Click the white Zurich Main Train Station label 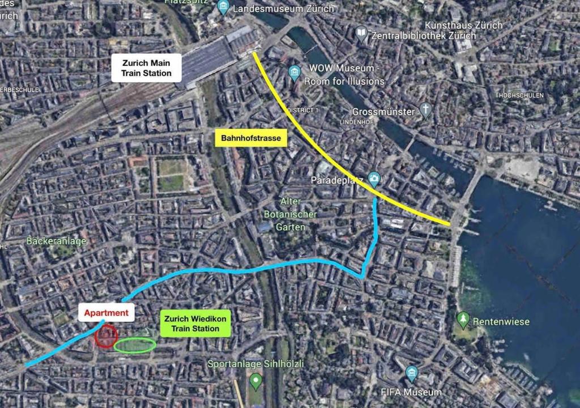click(x=146, y=68)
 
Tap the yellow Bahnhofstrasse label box click(x=250, y=138)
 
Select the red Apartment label click(x=106, y=312)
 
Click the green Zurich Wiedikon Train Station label click(x=195, y=324)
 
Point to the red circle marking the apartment click(x=106, y=335)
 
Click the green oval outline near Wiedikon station click(x=135, y=345)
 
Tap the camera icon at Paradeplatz click(x=374, y=179)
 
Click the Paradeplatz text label click(x=338, y=180)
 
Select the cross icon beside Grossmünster click(x=425, y=110)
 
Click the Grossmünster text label click(x=383, y=112)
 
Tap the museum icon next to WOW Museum click(x=294, y=72)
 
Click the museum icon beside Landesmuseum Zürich click(x=223, y=8)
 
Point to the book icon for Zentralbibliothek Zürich click(x=361, y=34)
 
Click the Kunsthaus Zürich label click(x=463, y=25)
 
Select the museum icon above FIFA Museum click(x=412, y=373)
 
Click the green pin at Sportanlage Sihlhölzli click(x=256, y=381)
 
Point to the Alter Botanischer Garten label click(x=291, y=214)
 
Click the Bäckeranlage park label click(x=56, y=241)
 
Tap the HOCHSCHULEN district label click(x=521, y=95)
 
